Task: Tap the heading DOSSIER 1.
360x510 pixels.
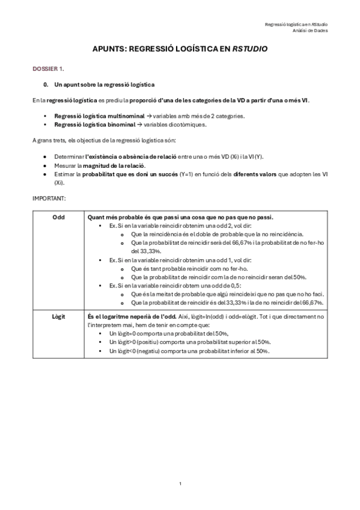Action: (49, 70)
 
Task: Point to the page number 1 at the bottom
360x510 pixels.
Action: (180, 484)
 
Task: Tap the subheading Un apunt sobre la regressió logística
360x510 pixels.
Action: (104, 84)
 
